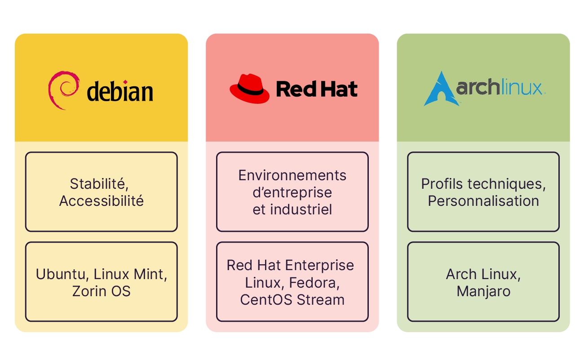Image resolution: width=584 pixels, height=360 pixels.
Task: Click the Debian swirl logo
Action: tap(63, 90)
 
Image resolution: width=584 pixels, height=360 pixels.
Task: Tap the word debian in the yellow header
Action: tap(120, 91)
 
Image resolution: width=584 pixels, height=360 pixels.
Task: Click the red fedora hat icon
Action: tap(250, 89)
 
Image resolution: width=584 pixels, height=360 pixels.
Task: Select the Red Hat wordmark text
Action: tap(317, 89)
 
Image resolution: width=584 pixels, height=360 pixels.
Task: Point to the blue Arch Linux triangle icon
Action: tap(441, 89)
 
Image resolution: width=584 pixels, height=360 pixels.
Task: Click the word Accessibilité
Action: tap(102, 201)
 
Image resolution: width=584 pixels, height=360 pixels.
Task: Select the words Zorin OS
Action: tap(102, 291)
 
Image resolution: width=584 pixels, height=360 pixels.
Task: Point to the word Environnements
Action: tap(292, 175)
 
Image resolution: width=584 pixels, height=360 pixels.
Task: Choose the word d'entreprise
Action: tap(292, 192)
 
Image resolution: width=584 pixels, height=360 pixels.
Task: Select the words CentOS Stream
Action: tap(292, 300)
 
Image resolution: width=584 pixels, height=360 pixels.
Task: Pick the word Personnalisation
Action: tap(483, 201)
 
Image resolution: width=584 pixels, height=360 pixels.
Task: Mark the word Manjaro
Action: tap(483, 291)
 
